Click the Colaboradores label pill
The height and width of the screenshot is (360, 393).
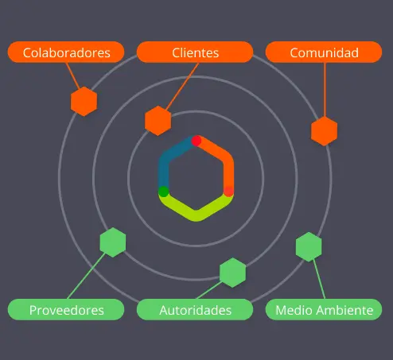[66, 52]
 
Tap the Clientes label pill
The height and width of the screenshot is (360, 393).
[195, 52]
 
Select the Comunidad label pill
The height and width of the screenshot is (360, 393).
[324, 52]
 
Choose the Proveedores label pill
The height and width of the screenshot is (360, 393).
[66, 310]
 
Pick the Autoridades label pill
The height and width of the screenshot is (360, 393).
[195, 310]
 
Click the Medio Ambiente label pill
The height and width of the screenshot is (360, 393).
[324, 310]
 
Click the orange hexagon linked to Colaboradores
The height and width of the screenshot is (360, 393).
[84, 102]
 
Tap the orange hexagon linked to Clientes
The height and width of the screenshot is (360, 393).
[158, 121]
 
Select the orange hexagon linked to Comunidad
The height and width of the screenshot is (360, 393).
[324, 131]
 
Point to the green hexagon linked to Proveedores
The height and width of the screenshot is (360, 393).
[113, 242]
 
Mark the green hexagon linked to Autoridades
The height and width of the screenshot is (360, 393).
[233, 273]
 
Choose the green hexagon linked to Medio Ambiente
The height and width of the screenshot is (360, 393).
[309, 247]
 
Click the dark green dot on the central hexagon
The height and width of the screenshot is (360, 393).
[164, 192]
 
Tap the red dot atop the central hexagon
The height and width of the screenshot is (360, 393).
[196, 141]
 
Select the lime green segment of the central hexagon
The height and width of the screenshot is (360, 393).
[196, 215]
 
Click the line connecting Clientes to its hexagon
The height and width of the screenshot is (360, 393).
[182, 87]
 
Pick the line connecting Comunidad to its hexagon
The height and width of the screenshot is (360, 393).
[325, 90]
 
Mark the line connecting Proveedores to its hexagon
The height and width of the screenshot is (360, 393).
[86, 276]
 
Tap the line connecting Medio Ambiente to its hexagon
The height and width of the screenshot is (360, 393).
[319, 279]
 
